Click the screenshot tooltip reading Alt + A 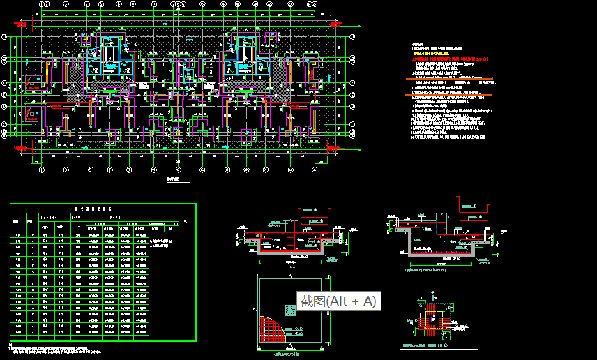338,301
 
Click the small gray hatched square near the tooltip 290,308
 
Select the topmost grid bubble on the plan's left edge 5,36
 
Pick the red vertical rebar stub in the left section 296,231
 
